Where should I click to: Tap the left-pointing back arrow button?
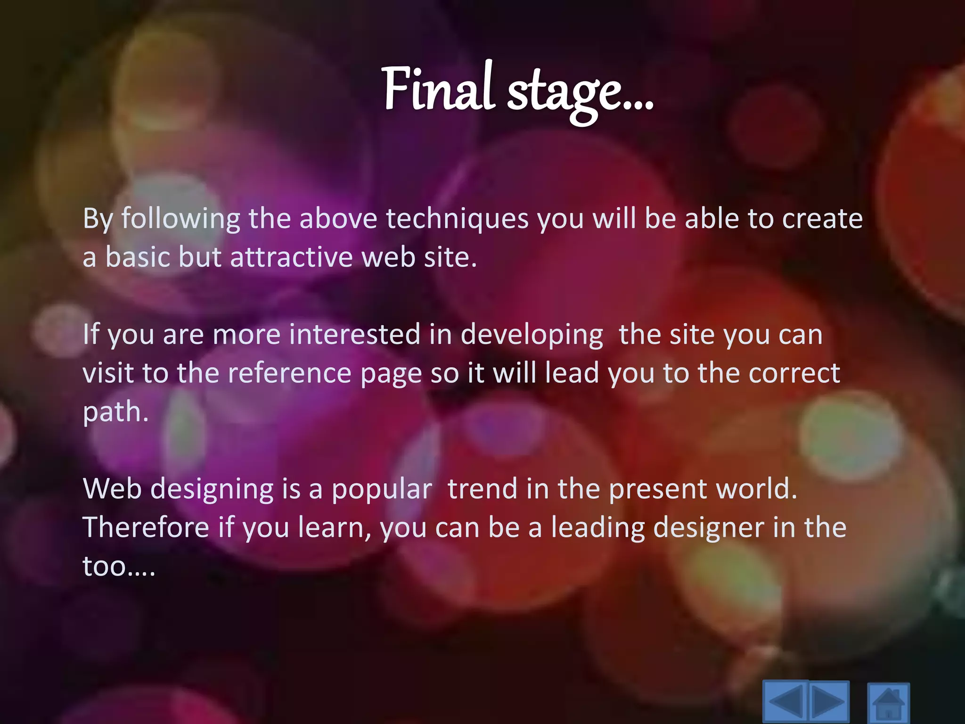785,702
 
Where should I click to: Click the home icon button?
888,703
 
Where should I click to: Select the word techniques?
457,219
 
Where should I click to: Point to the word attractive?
291,258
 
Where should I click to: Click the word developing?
532,335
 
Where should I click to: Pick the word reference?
289,373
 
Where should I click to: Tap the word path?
115,412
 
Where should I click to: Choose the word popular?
382,489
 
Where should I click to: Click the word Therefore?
146,527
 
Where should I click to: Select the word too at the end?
105,566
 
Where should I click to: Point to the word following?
181,219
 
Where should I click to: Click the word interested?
354,335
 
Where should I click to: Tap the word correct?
794,373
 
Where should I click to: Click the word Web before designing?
112,489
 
